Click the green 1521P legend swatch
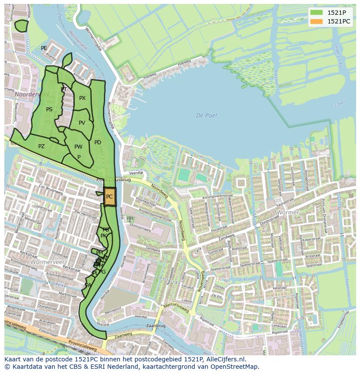317,13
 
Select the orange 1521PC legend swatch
317,21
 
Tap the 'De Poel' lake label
206,116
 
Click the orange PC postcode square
110,197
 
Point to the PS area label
49,109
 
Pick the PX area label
82,98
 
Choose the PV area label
82,123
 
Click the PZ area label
41,146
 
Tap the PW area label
78,147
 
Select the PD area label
98,142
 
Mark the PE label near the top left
44,48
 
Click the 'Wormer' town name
288,213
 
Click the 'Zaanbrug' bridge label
156,325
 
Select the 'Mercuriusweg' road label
176,308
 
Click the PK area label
103,236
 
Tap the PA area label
88,285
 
